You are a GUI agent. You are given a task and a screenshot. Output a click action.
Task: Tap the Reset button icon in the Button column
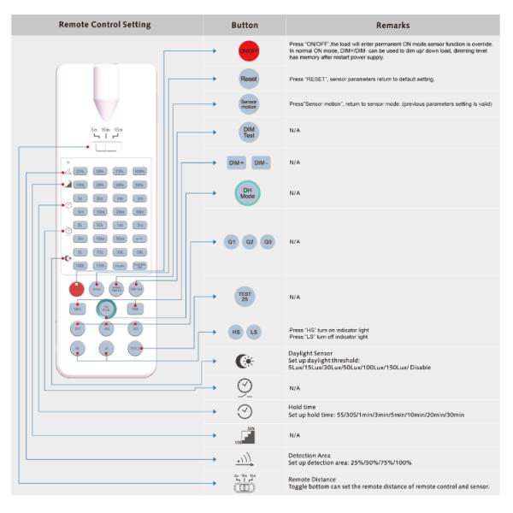coord(246,78)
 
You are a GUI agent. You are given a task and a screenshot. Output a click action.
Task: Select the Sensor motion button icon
coord(246,104)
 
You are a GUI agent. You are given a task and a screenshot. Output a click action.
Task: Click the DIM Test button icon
coord(246,133)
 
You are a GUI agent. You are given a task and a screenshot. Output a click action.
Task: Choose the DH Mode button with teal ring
coord(246,193)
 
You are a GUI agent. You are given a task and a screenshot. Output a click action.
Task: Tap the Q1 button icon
coord(231,242)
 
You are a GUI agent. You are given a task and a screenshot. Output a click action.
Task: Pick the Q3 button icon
coord(268,242)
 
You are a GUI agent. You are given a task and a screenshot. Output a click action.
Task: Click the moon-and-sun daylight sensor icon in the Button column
coord(245,361)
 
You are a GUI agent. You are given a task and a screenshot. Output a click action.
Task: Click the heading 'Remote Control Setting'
coord(104,25)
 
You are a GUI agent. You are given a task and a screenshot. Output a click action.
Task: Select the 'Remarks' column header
coord(392,26)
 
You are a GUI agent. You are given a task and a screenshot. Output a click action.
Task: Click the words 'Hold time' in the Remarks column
coord(305,407)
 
